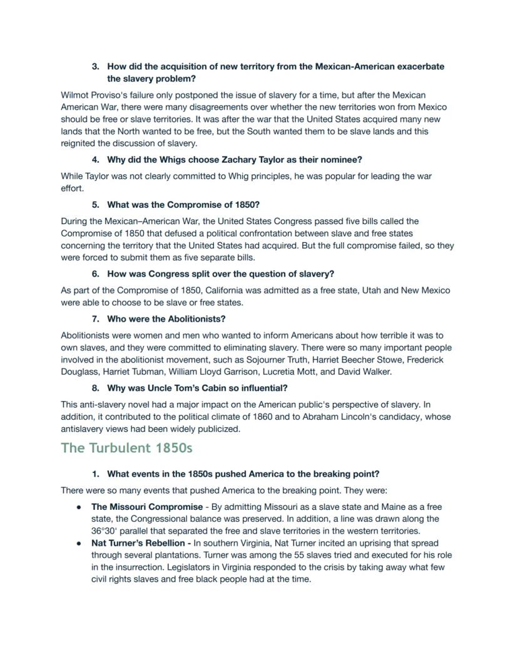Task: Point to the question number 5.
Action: (x=95, y=205)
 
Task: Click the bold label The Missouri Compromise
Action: (x=146, y=507)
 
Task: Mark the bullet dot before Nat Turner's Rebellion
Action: (x=79, y=543)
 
